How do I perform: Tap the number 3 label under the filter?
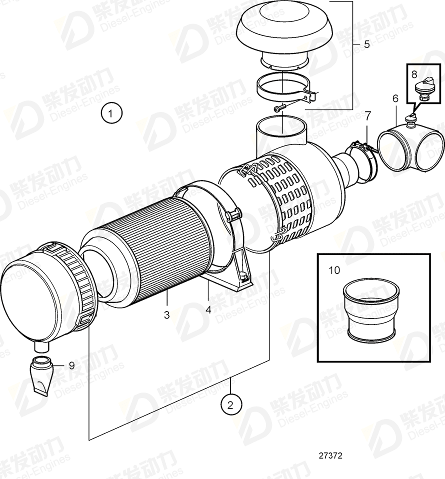(x=166, y=315)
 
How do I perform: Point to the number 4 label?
(x=208, y=309)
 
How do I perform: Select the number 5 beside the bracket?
(x=366, y=44)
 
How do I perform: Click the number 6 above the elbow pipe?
(x=395, y=99)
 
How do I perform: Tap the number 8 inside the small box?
(x=414, y=74)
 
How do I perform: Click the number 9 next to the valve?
(x=71, y=365)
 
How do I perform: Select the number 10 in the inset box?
(x=334, y=270)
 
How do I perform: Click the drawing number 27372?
(x=330, y=456)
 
